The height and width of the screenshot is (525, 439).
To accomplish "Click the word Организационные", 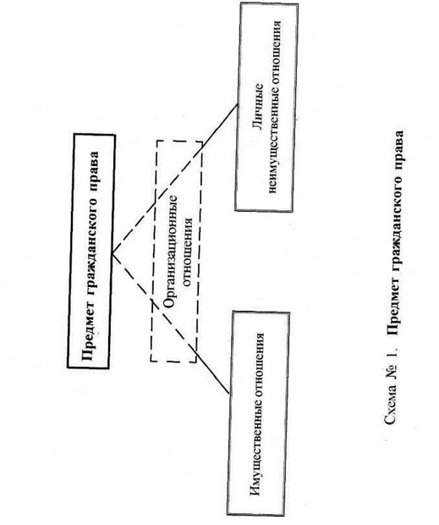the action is [170, 251].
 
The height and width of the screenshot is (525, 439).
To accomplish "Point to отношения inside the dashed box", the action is [189, 252].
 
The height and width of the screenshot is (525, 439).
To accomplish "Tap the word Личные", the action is [259, 108].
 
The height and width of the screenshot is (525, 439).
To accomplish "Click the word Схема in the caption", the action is [389, 407].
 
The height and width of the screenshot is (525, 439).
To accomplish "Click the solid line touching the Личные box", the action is [219, 127].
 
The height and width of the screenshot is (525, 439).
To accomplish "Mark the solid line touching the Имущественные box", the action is [212, 373].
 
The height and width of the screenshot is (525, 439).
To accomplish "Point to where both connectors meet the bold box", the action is [112, 253].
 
